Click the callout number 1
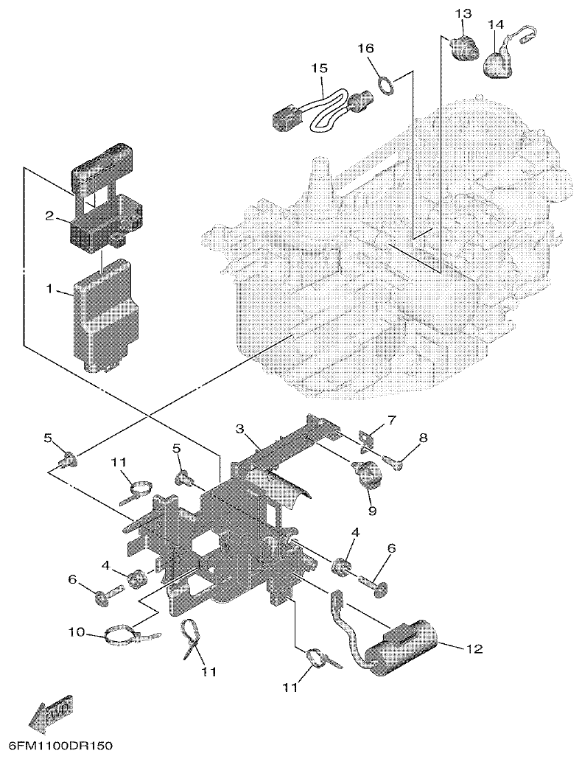pyautogui.click(x=50, y=290)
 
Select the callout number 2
pyautogui.click(x=50, y=215)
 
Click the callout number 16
pyautogui.click(x=366, y=48)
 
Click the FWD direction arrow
pyautogui.click(x=49, y=711)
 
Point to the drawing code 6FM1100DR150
pyautogui.click(x=57, y=746)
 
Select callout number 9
pyautogui.click(x=372, y=510)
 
